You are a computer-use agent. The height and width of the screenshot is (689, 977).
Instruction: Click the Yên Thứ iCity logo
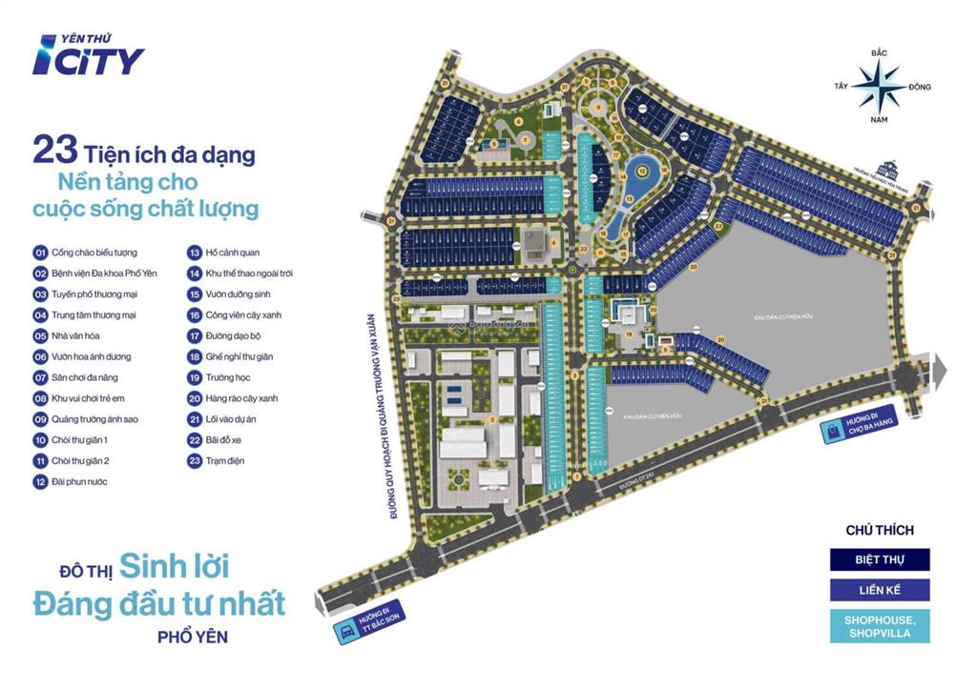[88, 55]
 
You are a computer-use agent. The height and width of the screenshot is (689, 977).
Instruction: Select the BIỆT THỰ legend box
[879, 559]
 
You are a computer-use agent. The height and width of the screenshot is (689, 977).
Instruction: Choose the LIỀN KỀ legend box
[879, 591]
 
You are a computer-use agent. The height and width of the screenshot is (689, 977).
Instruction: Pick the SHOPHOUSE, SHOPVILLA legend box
[879, 626]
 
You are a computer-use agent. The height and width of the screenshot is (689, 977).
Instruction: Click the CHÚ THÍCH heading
[879, 530]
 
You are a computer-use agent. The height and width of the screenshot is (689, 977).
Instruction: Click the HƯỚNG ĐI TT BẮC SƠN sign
[369, 623]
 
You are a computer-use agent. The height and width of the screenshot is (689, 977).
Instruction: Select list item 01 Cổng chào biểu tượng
[86, 253]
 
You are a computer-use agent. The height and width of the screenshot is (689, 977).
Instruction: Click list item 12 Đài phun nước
[71, 482]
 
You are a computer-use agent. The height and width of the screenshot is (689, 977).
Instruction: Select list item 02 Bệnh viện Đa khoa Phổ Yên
[95, 274]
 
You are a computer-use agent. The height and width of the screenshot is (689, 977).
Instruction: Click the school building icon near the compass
[894, 168]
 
